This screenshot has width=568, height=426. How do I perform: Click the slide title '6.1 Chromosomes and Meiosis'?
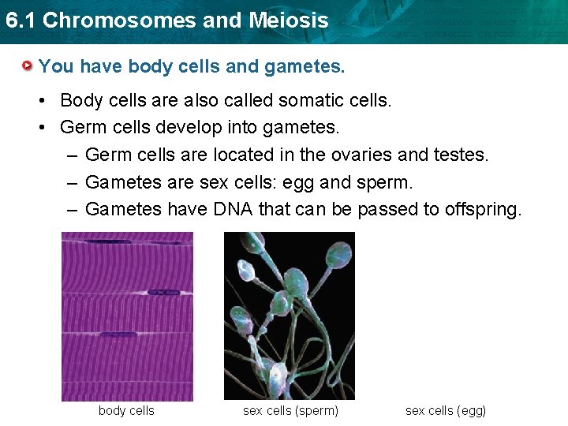[166, 21]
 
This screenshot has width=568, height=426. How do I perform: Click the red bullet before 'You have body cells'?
[28, 65]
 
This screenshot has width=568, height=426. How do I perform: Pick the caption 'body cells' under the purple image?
[126, 411]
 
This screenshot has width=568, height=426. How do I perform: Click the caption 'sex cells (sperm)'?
[290, 411]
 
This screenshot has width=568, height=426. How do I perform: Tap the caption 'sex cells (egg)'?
[446, 411]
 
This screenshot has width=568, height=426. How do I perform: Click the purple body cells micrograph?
[127, 316]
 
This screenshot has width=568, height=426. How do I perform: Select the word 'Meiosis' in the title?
[289, 21]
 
